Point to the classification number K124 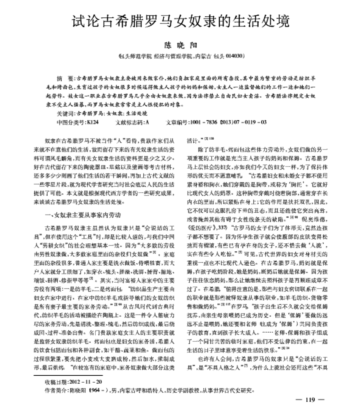[x=92, y=122]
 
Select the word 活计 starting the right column [x=193, y=140]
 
